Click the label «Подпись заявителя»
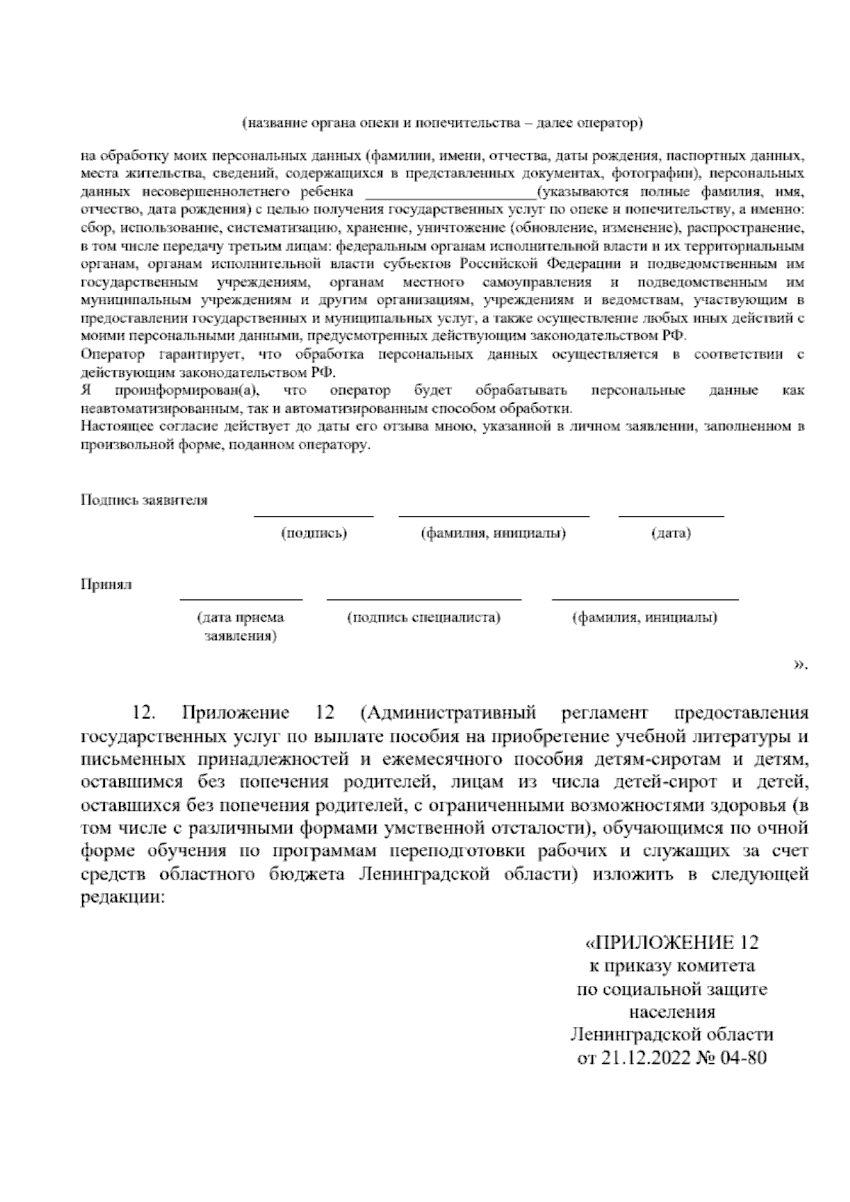coord(144,500)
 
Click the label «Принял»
coord(106,585)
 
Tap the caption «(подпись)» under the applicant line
coord(314,534)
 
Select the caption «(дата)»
coord(671,534)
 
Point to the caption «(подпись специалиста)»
coord(424,617)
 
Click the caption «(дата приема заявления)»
coord(241,627)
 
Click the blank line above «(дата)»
coord(671,516)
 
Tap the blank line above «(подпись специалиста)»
coord(424,600)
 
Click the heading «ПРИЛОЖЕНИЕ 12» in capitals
coord(676,943)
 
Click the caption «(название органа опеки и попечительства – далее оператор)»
coord(443,123)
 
